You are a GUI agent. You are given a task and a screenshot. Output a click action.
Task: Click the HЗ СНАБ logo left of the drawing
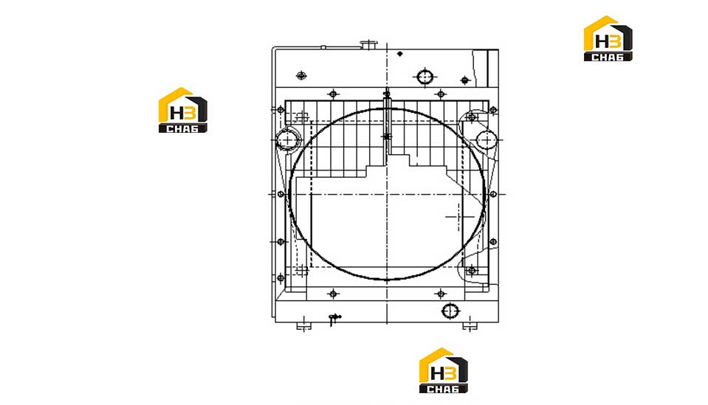(x=183, y=110)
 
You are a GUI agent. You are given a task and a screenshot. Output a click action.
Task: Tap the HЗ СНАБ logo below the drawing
(x=444, y=370)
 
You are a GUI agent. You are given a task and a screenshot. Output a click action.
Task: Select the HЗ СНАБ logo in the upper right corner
(x=608, y=38)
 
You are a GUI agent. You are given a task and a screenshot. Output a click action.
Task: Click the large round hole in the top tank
(x=425, y=77)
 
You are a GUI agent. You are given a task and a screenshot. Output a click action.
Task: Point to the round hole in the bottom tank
(x=450, y=311)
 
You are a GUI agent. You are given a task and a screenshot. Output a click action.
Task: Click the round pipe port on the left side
(x=288, y=140)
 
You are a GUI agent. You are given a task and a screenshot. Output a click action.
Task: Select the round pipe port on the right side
(x=487, y=140)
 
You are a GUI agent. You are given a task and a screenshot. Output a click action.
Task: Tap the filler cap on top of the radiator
(x=369, y=44)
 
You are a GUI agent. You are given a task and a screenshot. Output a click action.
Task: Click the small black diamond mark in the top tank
(x=399, y=54)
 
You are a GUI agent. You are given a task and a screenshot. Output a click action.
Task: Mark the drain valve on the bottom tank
(x=334, y=319)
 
